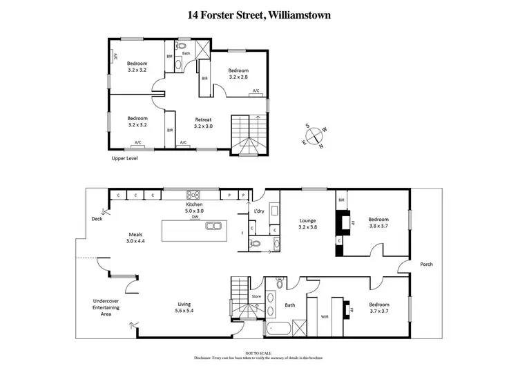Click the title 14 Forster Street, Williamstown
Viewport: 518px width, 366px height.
point(259,13)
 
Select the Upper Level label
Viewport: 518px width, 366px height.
point(125,158)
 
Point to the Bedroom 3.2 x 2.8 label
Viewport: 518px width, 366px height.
point(238,73)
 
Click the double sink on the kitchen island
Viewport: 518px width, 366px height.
point(213,226)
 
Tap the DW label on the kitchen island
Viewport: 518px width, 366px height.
point(195,218)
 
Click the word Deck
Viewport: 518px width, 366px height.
point(97,220)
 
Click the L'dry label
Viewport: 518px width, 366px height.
point(260,211)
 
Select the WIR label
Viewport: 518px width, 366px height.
point(325,318)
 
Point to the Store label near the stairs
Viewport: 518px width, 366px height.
point(256,296)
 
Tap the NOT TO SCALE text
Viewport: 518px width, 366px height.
point(259,351)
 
